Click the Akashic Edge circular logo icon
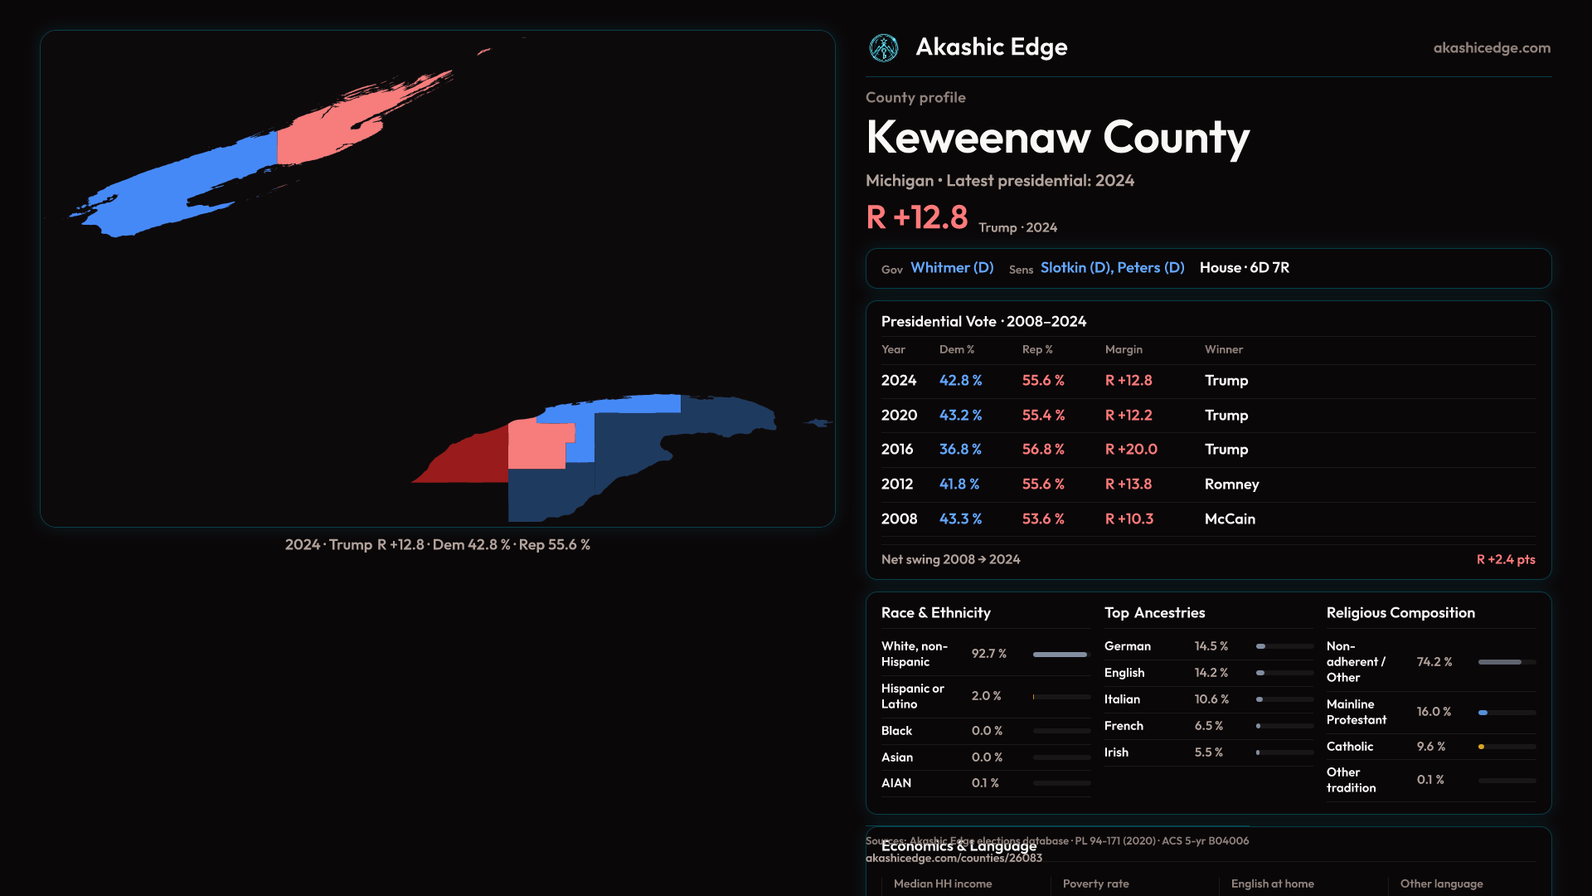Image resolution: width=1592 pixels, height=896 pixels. (x=883, y=48)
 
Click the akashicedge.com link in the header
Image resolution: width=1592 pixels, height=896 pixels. (x=1492, y=48)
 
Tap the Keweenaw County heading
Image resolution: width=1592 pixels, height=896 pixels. (x=1057, y=138)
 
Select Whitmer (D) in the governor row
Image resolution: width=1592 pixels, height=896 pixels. (x=952, y=268)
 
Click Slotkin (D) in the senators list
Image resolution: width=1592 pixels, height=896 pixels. (x=1075, y=268)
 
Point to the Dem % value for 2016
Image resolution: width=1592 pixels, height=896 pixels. (x=960, y=449)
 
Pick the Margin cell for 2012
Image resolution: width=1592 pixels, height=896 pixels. (x=1128, y=484)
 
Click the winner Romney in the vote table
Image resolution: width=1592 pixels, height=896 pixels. (x=1231, y=484)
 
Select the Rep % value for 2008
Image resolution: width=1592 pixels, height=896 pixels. (x=1043, y=519)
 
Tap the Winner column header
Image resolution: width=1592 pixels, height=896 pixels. (x=1223, y=349)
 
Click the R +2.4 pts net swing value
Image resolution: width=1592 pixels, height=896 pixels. (x=1505, y=559)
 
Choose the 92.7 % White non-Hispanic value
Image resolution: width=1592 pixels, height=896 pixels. (x=988, y=654)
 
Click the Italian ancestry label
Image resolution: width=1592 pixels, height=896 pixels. (x=1122, y=699)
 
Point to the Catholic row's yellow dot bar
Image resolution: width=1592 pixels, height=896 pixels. (x=1482, y=747)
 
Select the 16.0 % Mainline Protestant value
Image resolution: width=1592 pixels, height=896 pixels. (x=1434, y=712)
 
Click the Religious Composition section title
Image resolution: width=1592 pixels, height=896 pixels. (x=1400, y=613)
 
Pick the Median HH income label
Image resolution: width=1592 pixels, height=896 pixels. (x=943, y=884)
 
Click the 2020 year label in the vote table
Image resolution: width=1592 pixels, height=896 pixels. (x=899, y=415)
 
